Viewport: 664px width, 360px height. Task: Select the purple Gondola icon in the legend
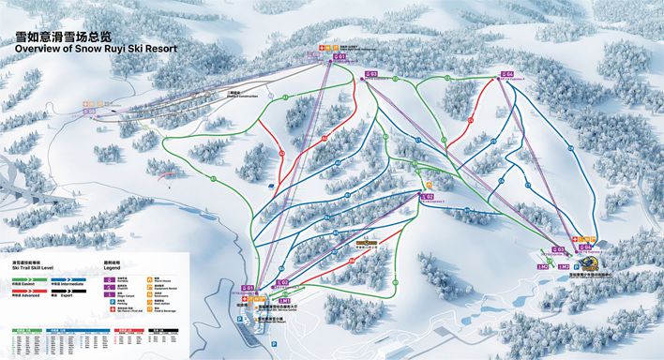(109, 278)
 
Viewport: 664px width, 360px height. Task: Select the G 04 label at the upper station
(507, 72)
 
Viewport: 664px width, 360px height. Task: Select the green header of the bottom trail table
(23, 331)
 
